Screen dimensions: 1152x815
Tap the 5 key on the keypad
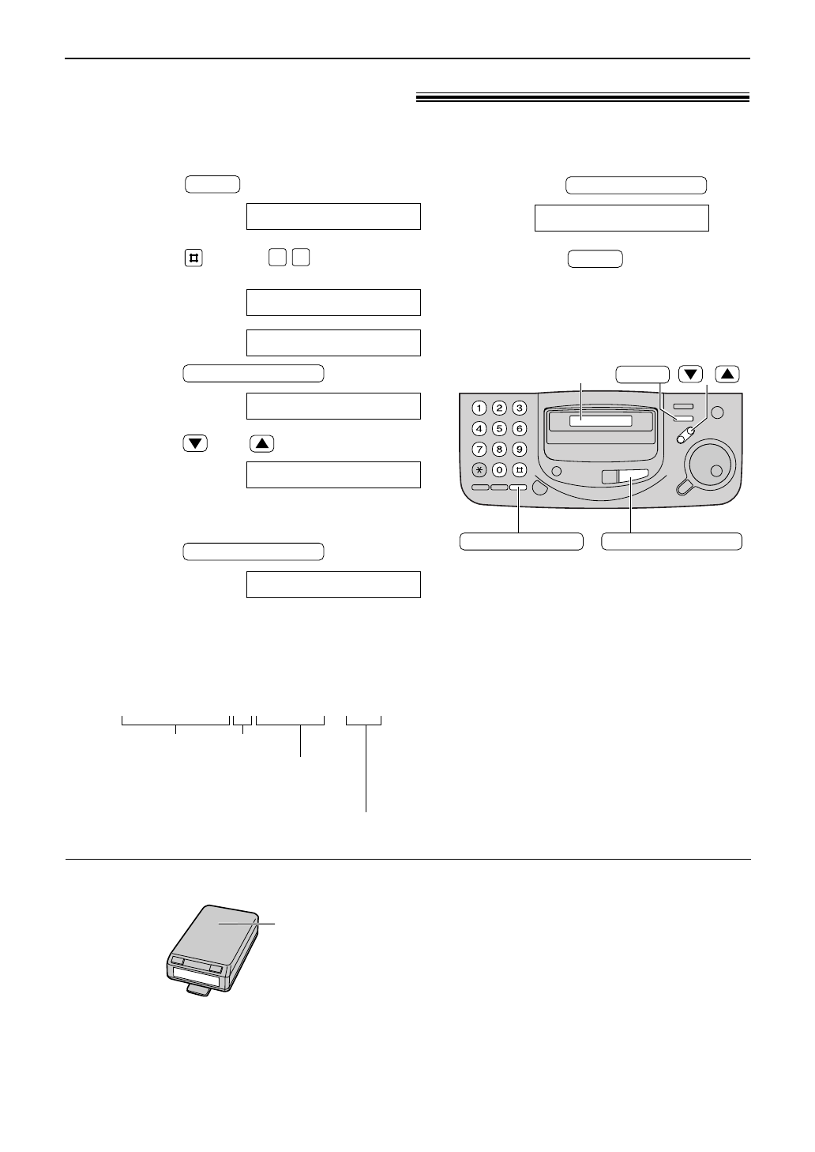(x=499, y=429)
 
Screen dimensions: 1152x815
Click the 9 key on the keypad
(x=519, y=450)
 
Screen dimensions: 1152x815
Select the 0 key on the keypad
(x=499, y=470)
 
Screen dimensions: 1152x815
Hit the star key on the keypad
(x=479, y=470)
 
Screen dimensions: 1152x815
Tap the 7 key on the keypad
(x=479, y=450)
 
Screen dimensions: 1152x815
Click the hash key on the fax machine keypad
(x=519, y=470)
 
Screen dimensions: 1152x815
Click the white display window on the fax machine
(x=600, y=421)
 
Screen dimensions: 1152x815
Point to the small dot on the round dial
(x=716, y=470)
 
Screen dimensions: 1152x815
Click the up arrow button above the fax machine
(x=727, y=375)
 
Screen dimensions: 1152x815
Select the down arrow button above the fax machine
(x=690, y=375)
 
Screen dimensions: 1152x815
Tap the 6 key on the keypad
(x=519, y=429)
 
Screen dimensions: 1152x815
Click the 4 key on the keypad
(x=479, y=429)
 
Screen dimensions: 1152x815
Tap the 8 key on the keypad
(x=499, y=450)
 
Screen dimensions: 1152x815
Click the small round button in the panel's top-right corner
(x=717, y=412)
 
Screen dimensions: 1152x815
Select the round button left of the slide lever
(x=558, y=472)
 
